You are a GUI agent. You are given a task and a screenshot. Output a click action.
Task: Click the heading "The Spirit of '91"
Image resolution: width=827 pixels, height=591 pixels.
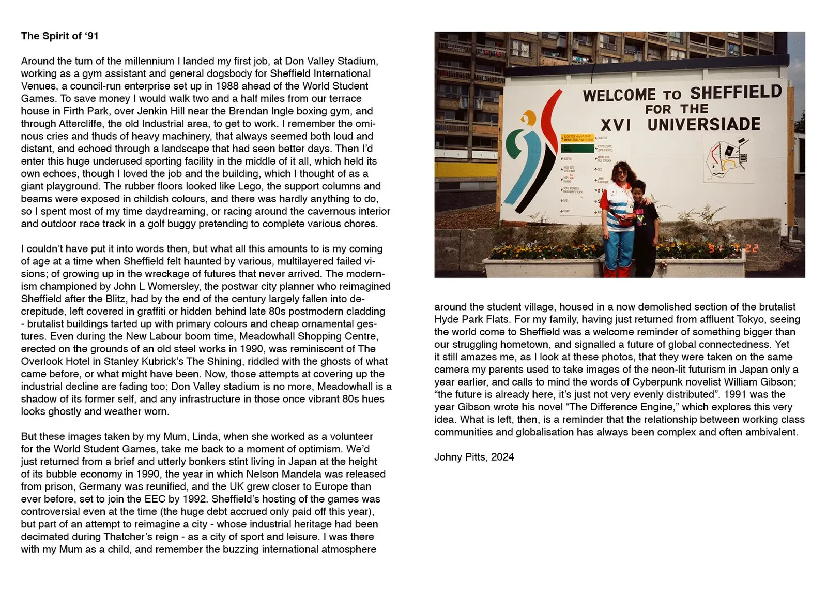coord(59,36)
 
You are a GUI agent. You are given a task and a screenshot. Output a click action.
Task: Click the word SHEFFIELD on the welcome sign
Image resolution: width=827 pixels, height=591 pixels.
coord(736,93)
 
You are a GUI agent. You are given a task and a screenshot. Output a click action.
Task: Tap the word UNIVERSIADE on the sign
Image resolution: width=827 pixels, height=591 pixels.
coord(703,124)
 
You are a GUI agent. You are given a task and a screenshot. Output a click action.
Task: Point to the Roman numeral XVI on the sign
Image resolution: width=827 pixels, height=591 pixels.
coord(616,125)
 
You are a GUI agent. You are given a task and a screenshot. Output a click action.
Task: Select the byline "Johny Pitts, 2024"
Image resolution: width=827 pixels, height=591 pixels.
coord(474,457)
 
